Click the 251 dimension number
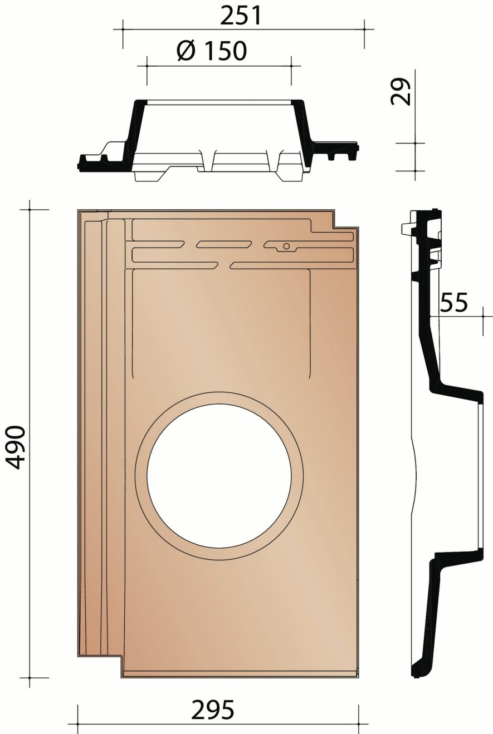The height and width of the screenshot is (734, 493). pyautogui.click(x=241, y=15)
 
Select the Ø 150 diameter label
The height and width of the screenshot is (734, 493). pyautogui.click(x=212, y=51)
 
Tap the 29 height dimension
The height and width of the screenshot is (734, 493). pyautogui.click(x=401, y=91)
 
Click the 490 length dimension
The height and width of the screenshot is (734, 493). pyautogui.click(x=16, y=447)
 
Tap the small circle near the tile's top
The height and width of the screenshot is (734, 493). pyautogui.click(x=286, y=246)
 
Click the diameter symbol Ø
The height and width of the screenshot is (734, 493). pyautogui.click(x=186, y=51)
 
